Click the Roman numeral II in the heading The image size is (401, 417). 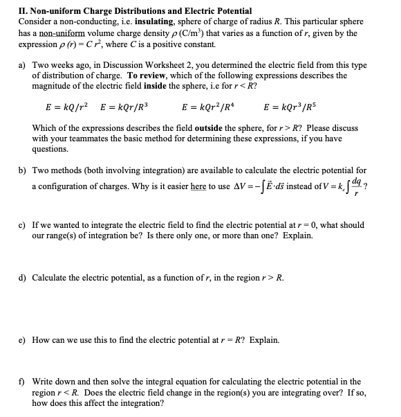(x=8, y=11)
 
